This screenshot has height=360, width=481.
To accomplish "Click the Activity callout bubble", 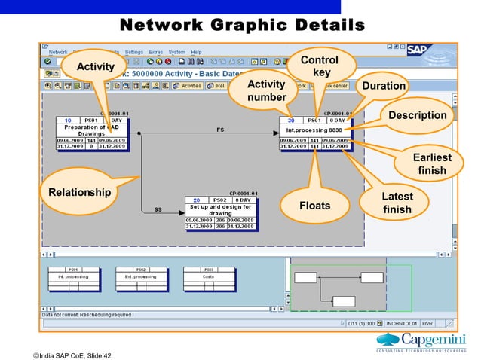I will point(94,68).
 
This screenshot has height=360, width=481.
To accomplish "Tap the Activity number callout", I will point(266,90).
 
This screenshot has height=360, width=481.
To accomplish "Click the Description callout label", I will point(417,115).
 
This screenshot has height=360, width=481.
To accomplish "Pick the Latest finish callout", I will point(397,203).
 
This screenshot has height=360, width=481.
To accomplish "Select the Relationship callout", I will point(79,193).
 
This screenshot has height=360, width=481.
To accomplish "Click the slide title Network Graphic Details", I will point(242,27).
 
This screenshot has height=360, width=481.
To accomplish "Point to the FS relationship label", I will point(220,130).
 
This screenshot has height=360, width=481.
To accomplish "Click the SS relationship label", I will point(158,210).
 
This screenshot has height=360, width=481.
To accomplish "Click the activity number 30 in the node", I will point(291,120).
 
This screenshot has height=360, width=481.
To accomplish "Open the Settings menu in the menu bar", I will point(133,52).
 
